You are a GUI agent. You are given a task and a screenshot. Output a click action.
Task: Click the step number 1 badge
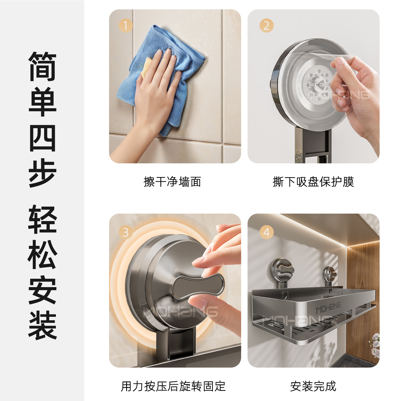(125, 26)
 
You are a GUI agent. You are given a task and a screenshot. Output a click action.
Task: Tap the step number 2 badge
(266, 26)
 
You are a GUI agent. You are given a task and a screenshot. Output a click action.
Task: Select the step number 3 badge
(125, 232)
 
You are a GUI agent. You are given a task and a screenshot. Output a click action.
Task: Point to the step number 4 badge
(266, 232)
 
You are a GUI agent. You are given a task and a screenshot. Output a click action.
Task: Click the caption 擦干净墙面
(172, 182)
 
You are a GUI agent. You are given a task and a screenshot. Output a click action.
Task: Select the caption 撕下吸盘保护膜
(313, 182)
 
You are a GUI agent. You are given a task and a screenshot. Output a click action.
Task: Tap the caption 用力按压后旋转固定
(173, 386)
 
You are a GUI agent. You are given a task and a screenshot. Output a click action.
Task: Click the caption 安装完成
(313, 386)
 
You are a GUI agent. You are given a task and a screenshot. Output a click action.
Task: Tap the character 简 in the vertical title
(42, 66)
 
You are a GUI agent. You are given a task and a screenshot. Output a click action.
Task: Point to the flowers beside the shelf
(375, 345)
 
